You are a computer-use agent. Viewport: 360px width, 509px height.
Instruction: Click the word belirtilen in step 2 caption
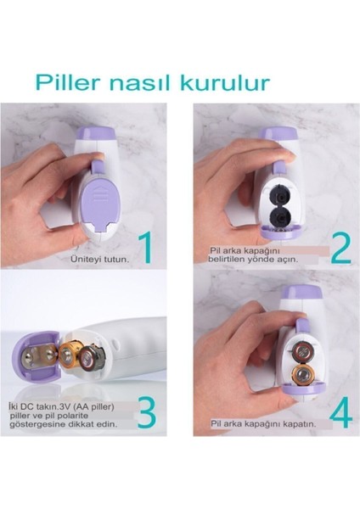tap(233, 260)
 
